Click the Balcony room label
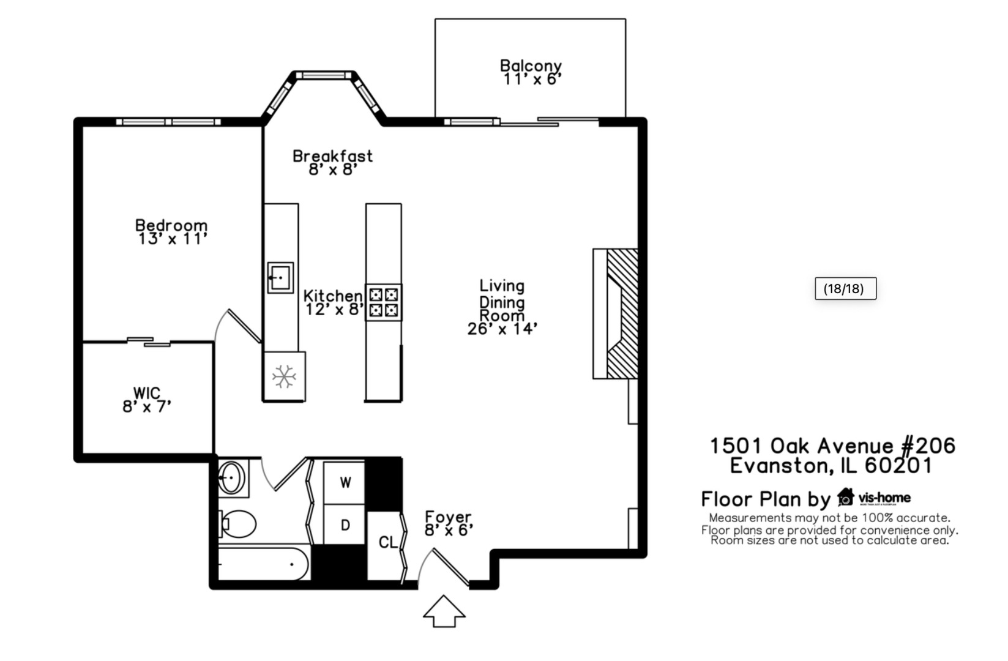(531, 65)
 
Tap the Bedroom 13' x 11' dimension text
(173, 239)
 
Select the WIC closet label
(147, 393)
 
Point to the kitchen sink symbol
(280, 278)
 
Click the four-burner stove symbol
(383, 302)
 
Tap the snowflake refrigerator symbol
(284, 376)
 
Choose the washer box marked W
(345, 482)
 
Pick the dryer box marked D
(345, 525)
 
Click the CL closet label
(388, 542)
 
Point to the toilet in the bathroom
(237, 524)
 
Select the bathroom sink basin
(231, 478)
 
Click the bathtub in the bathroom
(264, 563)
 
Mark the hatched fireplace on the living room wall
(622, 313)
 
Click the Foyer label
(448, 517)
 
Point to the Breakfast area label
(332, 156)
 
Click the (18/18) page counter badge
(846, 288)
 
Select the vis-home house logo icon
(846, 497)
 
